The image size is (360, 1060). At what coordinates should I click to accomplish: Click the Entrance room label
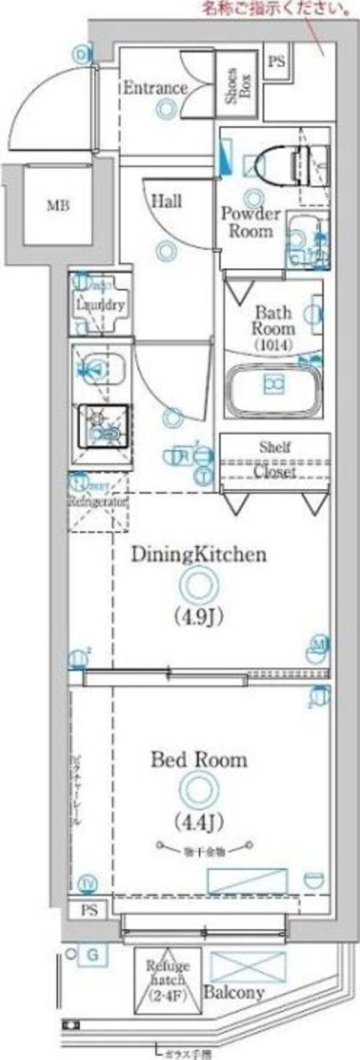(x=155, y=88)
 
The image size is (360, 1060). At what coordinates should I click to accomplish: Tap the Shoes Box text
(x=238, y=86)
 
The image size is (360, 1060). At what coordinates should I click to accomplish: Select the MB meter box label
(x=58, y=206)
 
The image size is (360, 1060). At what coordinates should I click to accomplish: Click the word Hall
(x=166, y=201)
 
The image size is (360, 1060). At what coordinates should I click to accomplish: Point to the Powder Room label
(x=251, y=222)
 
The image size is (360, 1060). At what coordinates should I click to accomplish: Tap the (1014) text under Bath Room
(x=273, y=345)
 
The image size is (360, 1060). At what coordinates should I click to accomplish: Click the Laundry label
(x=100, y=304)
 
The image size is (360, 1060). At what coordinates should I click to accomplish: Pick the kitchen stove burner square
(x=103, y=427)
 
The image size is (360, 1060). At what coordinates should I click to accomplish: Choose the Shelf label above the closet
(x=275, y=447)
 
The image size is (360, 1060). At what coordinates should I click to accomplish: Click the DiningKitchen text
(x=199, y=554)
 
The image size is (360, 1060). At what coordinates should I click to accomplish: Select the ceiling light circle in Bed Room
(x=198, y=789)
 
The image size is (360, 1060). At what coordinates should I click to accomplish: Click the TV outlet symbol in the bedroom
(x=88, y=884)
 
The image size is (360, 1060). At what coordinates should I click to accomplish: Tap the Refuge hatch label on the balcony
(x=167, y=980)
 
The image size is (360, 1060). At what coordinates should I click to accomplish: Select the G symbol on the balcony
(x=92, y=954)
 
